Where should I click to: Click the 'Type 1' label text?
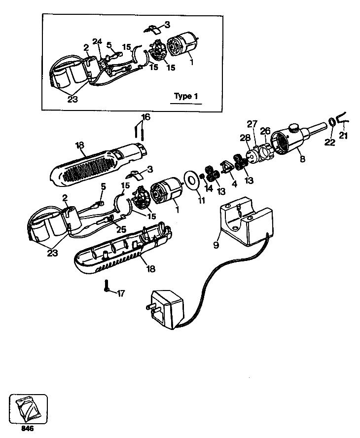(x=186, y=96)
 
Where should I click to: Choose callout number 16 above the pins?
(x=145, y=117)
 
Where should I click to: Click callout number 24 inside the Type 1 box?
(x=98, y=41)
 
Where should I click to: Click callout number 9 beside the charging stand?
(x=216, y=244)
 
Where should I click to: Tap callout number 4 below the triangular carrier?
(x=234, y=184)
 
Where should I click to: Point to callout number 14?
(x=208, y=188)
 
